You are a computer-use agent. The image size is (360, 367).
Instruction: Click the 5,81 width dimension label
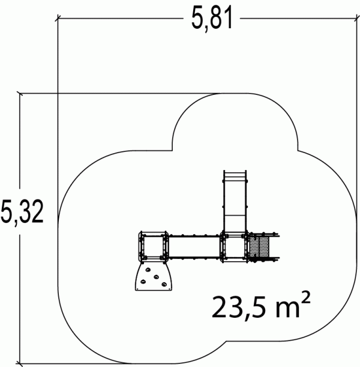(212, 18)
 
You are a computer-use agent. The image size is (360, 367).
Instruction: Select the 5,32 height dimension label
(22, 212)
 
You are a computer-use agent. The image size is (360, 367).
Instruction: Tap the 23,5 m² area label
(261, 306)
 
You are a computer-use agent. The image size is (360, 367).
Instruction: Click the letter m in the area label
(287, 309)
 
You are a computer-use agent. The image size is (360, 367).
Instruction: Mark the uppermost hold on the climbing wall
(148, 270)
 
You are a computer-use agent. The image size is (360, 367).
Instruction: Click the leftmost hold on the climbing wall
(143, 282)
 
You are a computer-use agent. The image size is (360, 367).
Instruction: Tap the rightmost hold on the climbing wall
(164, 285)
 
